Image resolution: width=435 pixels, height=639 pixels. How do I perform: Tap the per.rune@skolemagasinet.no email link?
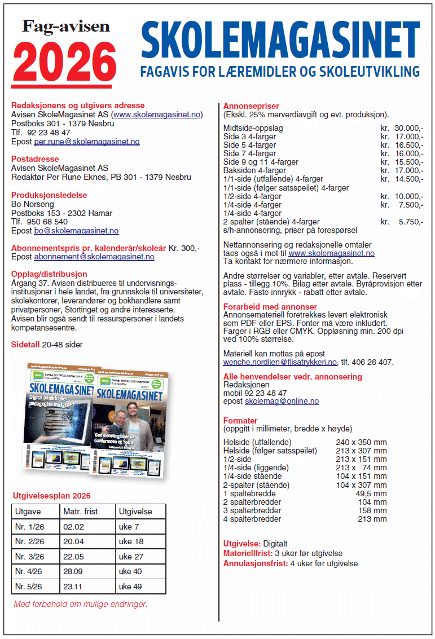point(87,142)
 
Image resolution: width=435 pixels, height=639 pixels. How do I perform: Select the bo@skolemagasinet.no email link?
point(77,231)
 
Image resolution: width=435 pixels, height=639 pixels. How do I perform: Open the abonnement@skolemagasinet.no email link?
point(94,257)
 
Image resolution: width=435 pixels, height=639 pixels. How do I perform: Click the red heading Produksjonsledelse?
point(49,195)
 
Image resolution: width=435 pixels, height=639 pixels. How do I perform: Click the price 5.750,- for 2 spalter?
point(411,222)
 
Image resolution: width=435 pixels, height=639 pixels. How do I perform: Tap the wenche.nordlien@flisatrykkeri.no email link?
point(280,362)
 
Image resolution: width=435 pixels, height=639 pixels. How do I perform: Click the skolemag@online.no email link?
point(282,401)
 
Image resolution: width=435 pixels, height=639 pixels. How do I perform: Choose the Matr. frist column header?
point(80,512)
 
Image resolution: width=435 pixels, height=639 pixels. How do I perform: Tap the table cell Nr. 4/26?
point(29,571)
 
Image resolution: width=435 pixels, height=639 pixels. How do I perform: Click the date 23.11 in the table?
point(73,587)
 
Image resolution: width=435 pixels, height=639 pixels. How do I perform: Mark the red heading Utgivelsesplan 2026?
point(51,496)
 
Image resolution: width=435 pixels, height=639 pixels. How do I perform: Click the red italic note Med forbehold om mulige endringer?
point(81,604)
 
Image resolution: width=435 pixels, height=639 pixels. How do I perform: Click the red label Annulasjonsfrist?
point(256,563)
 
